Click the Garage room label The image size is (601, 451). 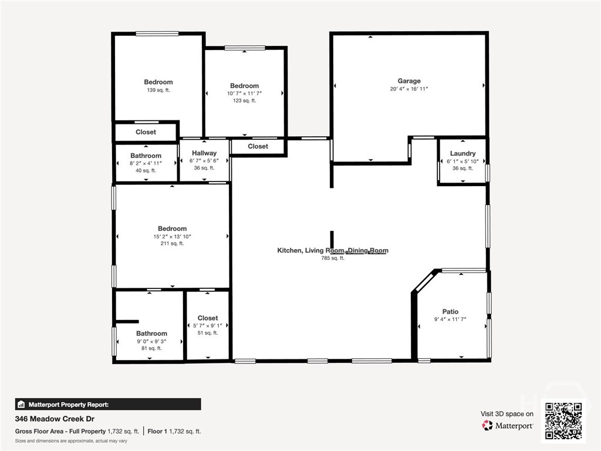click(x=409, y=81)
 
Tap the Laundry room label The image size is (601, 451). click(x=462, y=153)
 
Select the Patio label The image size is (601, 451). click(x=450, y=312)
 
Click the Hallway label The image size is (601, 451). click(x=204, y=153)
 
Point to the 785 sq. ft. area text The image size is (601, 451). click(x=333, y=258)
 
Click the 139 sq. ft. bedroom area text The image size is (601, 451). click(x=158, y=90)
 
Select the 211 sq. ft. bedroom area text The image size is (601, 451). click(x=172, y=243)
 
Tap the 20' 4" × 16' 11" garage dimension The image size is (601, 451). click(x=409, y=89)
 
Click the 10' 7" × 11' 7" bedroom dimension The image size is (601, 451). click(x=245, y=93)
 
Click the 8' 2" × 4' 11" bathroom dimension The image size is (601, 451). click(x=146, y=163)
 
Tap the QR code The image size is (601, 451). click(x=563, y=420)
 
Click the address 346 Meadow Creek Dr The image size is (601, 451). click(x=55, y=419)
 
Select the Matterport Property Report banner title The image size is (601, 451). click(x=69, y=405)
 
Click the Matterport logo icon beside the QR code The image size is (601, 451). click(x=487, y=425)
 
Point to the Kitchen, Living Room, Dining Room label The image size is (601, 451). click(x=333, y=250)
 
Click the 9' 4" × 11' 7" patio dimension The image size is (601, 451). click(x=450, y=319)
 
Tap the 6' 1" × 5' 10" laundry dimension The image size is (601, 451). click(x=462, y=161)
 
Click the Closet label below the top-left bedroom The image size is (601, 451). click(x=146, y=132)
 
